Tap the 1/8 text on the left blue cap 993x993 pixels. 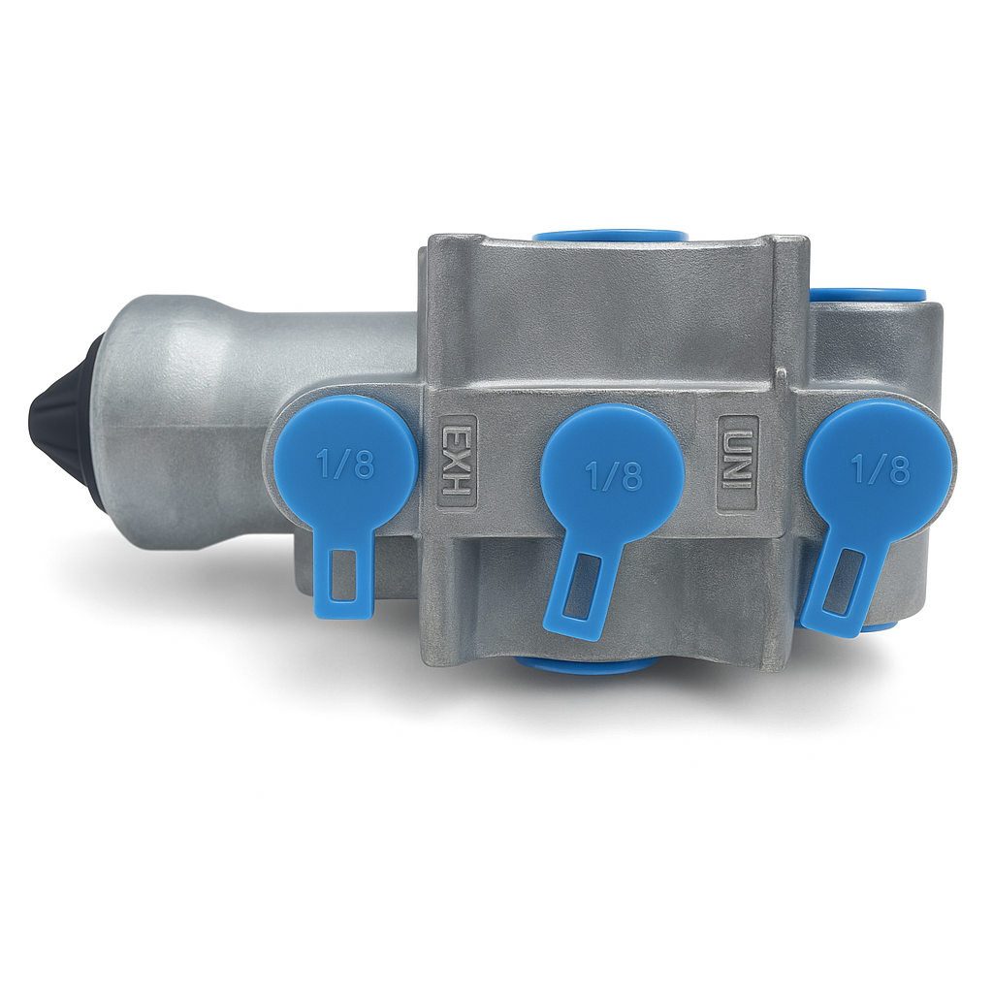346,466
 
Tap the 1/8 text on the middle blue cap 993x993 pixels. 614,477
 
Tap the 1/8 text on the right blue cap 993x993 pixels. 881,470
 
